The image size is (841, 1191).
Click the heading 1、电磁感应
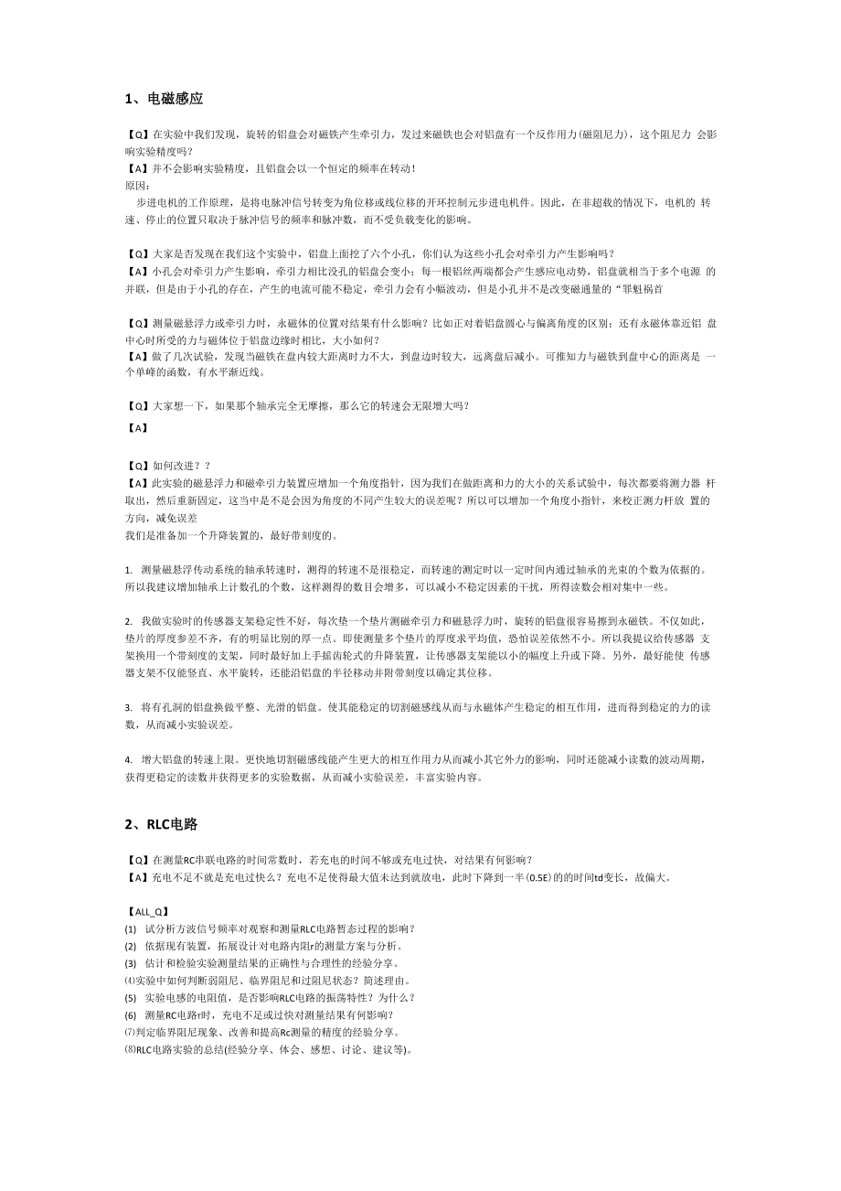(164, 98)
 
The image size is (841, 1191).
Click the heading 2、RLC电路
(162, 824)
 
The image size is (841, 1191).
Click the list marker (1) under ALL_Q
(131, 929)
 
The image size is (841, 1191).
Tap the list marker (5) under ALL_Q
(131, 998)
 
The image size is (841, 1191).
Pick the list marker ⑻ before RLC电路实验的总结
(130, 1050)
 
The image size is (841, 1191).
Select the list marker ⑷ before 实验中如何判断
(130, 981)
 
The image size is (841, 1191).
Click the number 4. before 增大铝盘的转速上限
(129, 760)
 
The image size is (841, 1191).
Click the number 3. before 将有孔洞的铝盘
(129, 708)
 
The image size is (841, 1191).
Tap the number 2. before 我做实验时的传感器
(129, 621)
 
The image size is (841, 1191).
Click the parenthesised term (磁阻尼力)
(591, 134)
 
